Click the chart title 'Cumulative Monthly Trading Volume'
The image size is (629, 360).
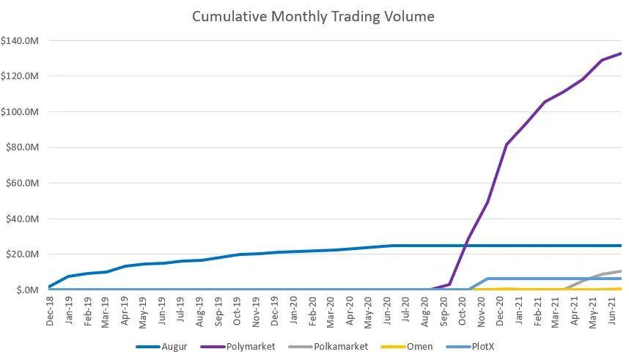tap(313, 16)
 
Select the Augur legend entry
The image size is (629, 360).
tap(162, 347)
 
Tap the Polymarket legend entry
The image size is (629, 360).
tap(238, 347)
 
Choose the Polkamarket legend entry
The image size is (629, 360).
tap(328, 347)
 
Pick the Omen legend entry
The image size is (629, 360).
tap(407, 347)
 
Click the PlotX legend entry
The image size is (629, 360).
tap(470, 347)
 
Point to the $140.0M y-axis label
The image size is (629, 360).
tap(20, 40)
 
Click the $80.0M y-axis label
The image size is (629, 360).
tap(23, 147)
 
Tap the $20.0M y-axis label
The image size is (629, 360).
tap(23, 254)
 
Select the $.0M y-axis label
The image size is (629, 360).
tap(28, 290)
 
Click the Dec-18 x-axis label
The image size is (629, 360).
tap(50, 311)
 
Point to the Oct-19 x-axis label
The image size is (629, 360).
tap(237, 311)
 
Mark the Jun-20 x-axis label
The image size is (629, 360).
tap(387, 311)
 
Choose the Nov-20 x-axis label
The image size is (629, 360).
tap(481, 311)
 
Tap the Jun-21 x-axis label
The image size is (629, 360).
tap(612, 311)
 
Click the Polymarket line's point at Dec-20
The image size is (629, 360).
tap(507, 144)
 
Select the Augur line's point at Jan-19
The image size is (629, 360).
tap(69, 276)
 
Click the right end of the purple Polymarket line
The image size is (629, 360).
tap(622, 54)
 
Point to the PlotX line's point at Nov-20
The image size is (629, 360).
tap(488, 279)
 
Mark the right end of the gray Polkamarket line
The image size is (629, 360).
tap(622, 271)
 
